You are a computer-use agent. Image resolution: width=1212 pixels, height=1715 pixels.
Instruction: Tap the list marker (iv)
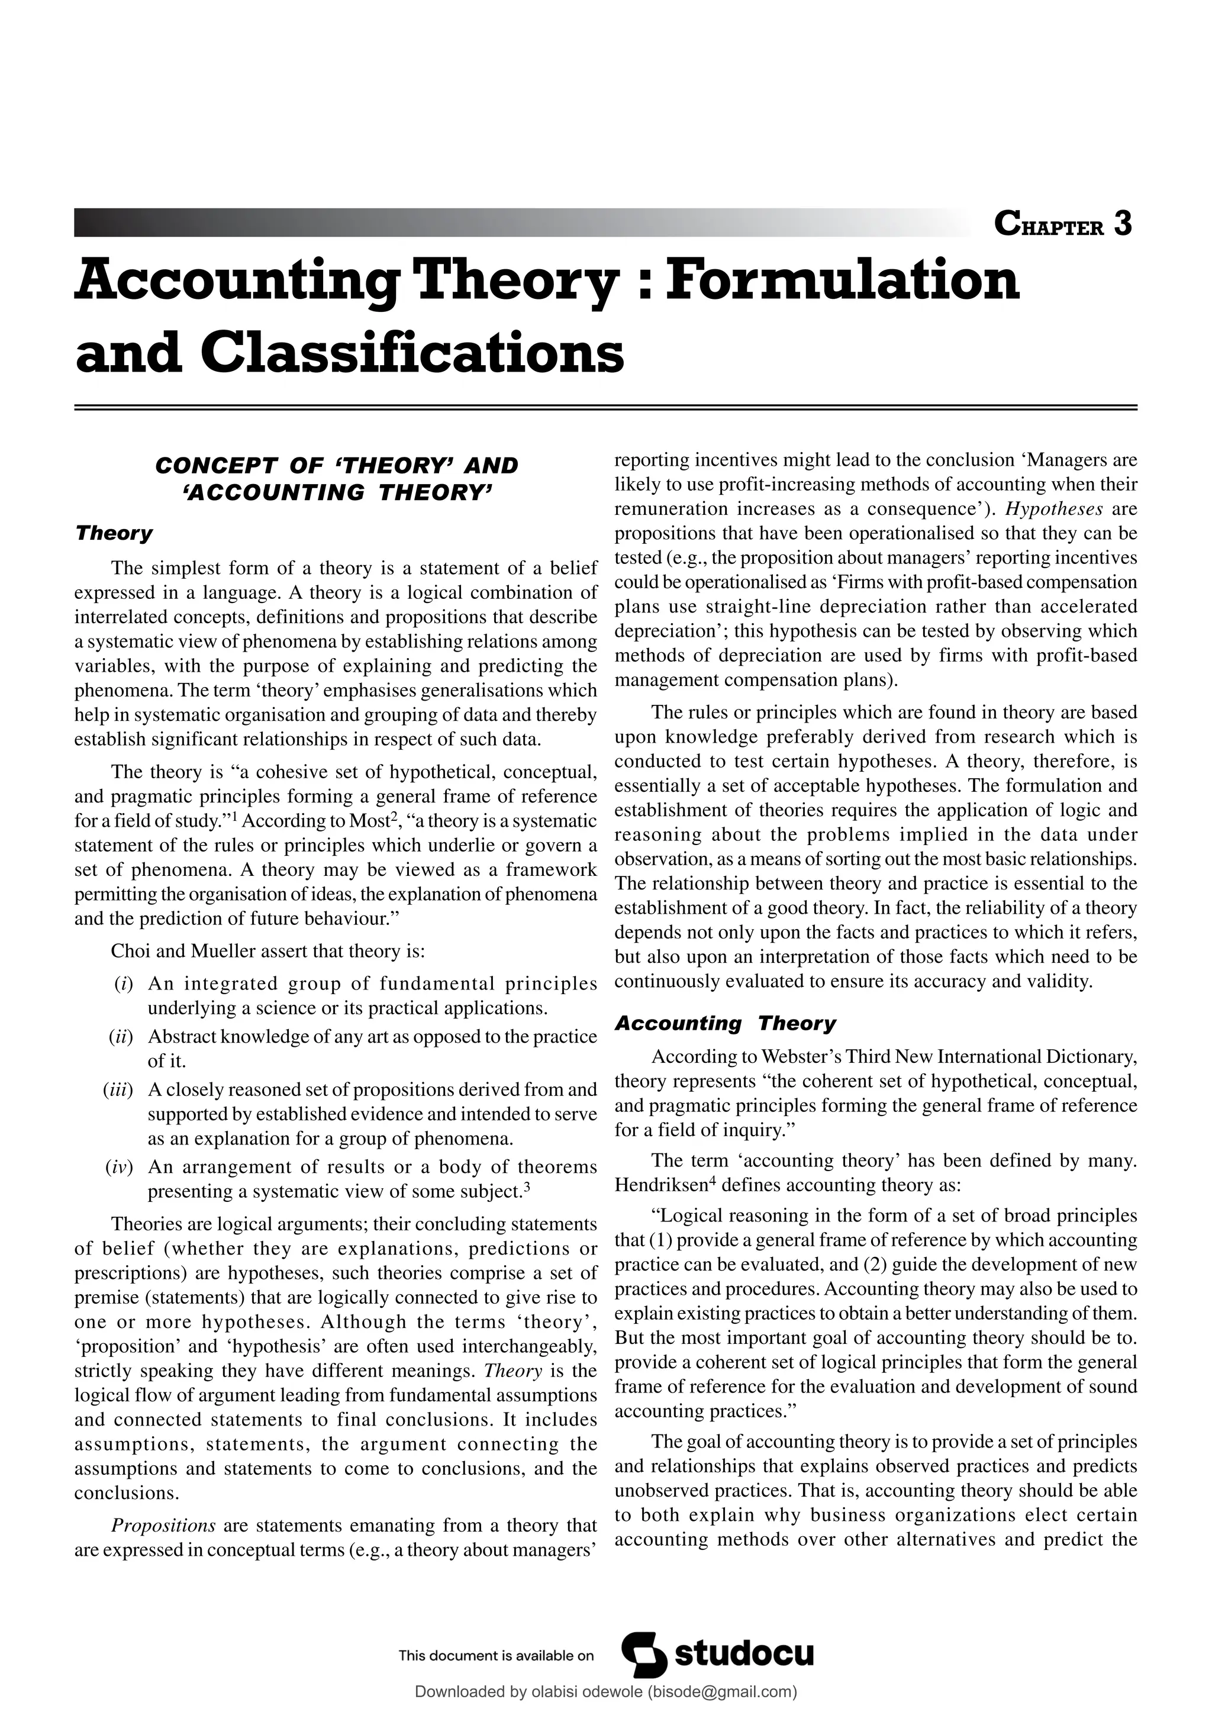coord(120,1167)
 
